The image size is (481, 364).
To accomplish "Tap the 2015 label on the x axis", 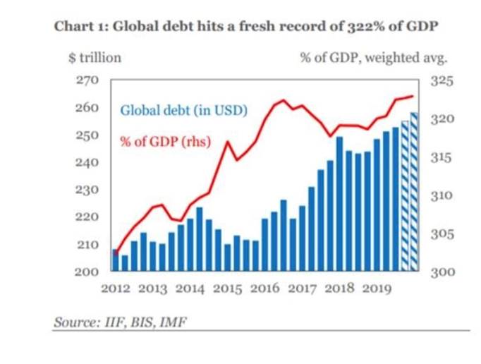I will point(229,289).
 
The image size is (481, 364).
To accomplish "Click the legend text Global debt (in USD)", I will point(183,111).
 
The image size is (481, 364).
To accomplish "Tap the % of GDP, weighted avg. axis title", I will point(375,57).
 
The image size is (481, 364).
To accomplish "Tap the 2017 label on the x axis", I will point(303,289).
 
